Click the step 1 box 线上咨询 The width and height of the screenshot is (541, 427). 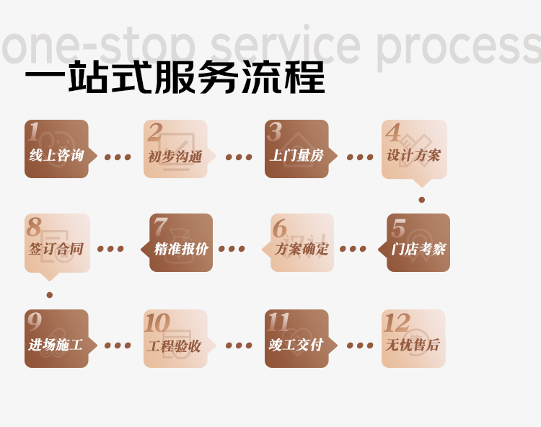point(56,149)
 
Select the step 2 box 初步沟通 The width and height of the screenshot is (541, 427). point(175,149)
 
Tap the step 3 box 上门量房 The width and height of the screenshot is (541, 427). point(296,149)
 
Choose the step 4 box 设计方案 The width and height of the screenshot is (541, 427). point(414,149)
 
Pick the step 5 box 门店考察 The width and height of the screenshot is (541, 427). point(418,243)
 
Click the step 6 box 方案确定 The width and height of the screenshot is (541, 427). point(302,243)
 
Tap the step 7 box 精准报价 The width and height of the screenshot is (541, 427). point(181,243)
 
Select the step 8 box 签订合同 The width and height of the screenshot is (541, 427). point(56,243)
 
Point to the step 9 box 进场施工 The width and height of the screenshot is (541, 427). point(56,339)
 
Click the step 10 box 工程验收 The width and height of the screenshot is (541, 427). point(175,339)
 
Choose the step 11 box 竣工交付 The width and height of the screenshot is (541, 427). point(296,339)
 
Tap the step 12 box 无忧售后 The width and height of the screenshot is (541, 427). point(413,339)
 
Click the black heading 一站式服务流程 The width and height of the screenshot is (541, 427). point(175,79)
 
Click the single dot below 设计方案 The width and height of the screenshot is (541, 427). point(422,200)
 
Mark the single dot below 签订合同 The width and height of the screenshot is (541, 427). point(49,294)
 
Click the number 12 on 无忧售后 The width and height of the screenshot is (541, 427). point(397,323)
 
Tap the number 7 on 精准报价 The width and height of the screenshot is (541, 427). point(160,227)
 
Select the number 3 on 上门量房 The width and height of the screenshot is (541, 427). point(274,132)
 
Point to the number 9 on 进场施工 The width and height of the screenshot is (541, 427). point(35,322)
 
